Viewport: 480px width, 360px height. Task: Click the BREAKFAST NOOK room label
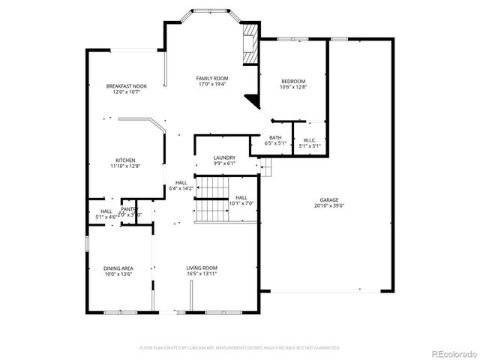(126, 86)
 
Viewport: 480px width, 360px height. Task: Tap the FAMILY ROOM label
(212, 78)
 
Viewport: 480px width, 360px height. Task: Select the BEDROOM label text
(293, 81)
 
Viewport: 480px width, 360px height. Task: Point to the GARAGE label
(329, 200)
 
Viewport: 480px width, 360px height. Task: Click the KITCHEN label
(125, 160)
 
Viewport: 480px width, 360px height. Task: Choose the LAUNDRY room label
(224, 157)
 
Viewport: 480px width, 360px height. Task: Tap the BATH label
(275, 138)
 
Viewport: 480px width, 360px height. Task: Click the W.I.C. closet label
(310, 140)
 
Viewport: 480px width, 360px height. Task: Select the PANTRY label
(129, 209)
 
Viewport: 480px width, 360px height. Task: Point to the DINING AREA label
(118, 268)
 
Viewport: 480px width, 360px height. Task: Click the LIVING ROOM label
(202, 268)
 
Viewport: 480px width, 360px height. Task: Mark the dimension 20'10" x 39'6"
(329, 205)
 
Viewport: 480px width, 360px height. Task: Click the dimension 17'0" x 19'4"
(212, 84)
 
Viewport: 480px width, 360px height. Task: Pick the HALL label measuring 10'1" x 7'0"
(241, 198)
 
